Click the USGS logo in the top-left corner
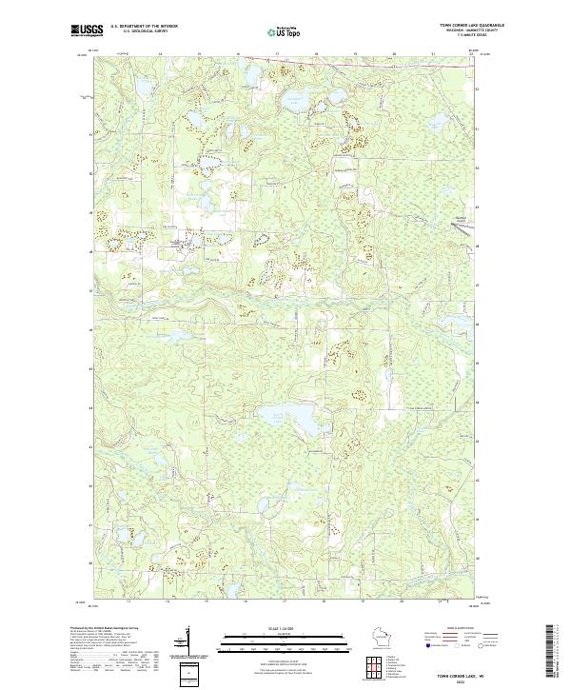[87, 30]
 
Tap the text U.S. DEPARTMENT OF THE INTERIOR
[144, 27]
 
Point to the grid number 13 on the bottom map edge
[127, 602]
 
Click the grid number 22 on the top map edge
[470, 54]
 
